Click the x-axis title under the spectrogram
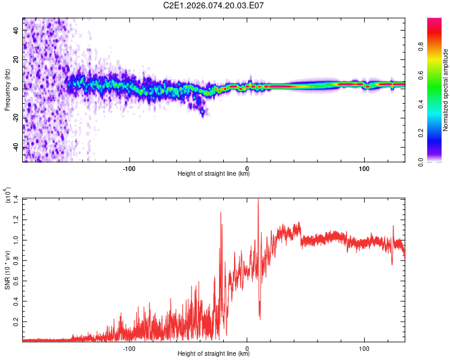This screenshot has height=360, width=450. click(x=214, y=174)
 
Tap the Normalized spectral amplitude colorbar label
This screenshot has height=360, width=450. click(x=445, y=90)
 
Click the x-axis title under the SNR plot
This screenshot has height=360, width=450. click(x=214, y=354)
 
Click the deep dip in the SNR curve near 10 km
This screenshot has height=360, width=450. click(x=260, y=317)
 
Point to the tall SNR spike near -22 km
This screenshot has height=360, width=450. click(x=221, y=213)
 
